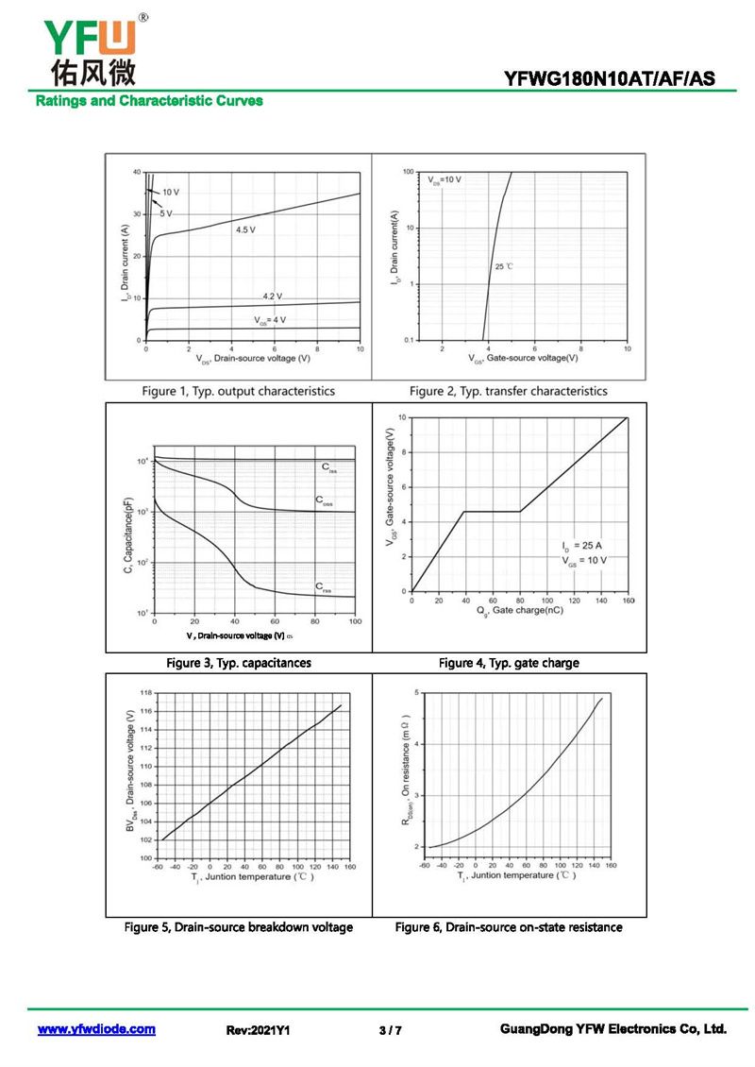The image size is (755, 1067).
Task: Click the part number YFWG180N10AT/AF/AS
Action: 611,80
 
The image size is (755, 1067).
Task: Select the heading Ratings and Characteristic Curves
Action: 149,101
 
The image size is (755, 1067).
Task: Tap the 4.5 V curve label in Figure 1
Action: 245,229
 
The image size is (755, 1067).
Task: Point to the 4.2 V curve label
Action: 272,296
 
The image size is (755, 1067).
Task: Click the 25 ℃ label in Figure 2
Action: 503,267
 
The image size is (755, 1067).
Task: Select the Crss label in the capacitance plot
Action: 323,587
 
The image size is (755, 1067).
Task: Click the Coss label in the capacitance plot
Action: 323,500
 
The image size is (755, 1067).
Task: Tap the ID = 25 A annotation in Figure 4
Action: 581,546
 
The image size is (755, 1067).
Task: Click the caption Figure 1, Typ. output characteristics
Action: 238,391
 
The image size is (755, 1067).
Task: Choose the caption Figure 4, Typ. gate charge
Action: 509,663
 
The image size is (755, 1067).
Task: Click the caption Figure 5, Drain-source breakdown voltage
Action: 239,927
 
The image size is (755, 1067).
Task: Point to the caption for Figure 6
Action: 509,927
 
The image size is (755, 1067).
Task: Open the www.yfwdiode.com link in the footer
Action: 96,1029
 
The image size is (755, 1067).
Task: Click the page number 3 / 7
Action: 390,1030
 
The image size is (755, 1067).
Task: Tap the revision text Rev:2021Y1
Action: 258,1030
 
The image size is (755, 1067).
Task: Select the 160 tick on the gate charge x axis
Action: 627,600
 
